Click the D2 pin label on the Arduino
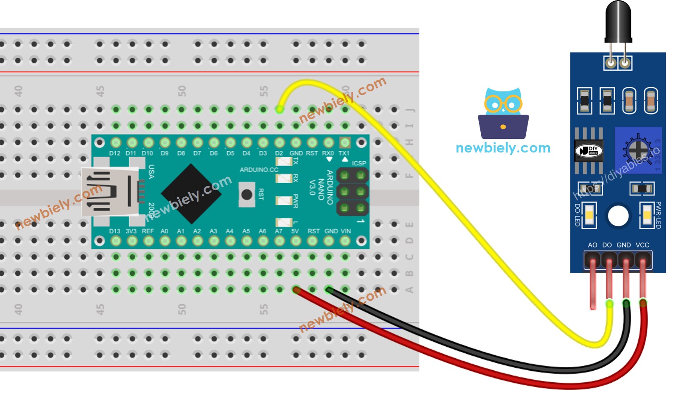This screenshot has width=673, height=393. [x=279, y=153]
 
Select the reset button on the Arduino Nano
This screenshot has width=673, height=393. [x=247, y=194]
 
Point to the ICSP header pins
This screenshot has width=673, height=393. [x=352, y=192]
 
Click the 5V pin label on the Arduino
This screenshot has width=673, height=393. [x=295, y=231]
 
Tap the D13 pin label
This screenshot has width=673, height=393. [x=115, y=231]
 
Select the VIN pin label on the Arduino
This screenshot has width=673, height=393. [x=346, y=231]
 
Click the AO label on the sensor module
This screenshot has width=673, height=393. [x=592, y=245]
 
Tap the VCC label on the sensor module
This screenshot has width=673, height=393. [x=642, y=245]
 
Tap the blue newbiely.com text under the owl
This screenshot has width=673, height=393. [x=503, y=148]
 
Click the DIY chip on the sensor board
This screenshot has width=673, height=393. [x=589, y=151]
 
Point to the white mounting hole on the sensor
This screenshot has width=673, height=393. [x=618, y=216]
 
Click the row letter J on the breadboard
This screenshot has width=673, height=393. [x=410, y=110]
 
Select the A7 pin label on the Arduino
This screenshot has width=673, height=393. [x=279, y=231]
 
